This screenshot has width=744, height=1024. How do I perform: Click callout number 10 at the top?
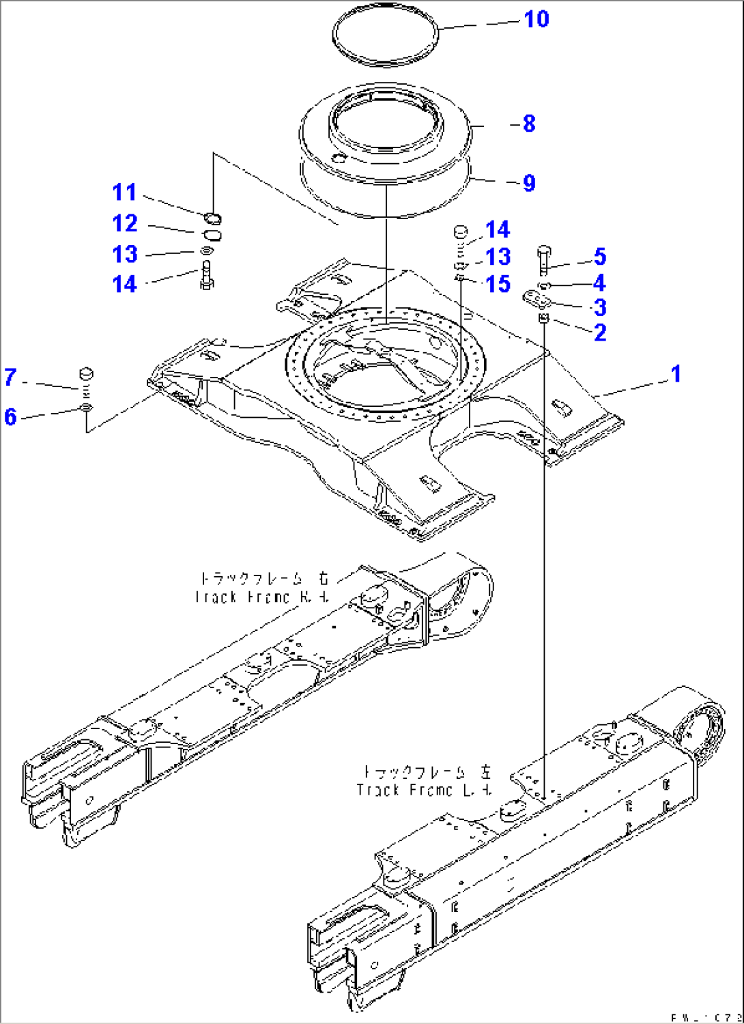click(x=536, y=19)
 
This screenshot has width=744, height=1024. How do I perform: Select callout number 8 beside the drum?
click(x=529, y=124)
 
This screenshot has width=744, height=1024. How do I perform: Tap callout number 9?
click(x=529, y=183)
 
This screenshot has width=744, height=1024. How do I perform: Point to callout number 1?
click(x=676, y=374)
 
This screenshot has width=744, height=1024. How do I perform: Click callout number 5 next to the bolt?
click(x=599, y=257)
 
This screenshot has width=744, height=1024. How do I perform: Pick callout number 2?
click(x=599, y=332)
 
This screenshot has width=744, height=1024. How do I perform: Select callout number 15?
click(x=498, y=284)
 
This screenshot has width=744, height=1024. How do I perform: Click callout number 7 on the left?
click(x=10, y=377)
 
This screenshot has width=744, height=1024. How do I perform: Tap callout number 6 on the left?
click(x=10, y=416)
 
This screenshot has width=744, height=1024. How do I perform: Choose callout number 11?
click(x=124, y=193)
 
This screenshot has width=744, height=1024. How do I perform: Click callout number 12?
click(x=124, y=223)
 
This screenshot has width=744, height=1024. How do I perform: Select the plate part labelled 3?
click(x=538, y=299)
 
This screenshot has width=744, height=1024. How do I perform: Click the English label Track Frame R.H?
click(x=262, y=597)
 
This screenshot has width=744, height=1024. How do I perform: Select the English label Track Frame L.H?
click(x=424, y=790)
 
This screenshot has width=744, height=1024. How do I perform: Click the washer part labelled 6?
click(x=86, y=408)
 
